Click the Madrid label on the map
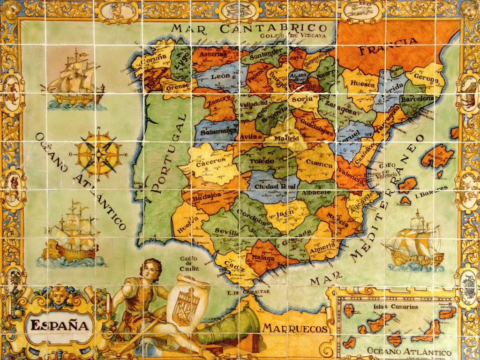(x=287, y=139)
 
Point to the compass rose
(x=98, y=152)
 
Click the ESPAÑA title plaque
(x=60, y=325)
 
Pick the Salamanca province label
(x=217, y=133)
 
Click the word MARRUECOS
(x=294, y=328)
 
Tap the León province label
(x=220, y=76)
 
